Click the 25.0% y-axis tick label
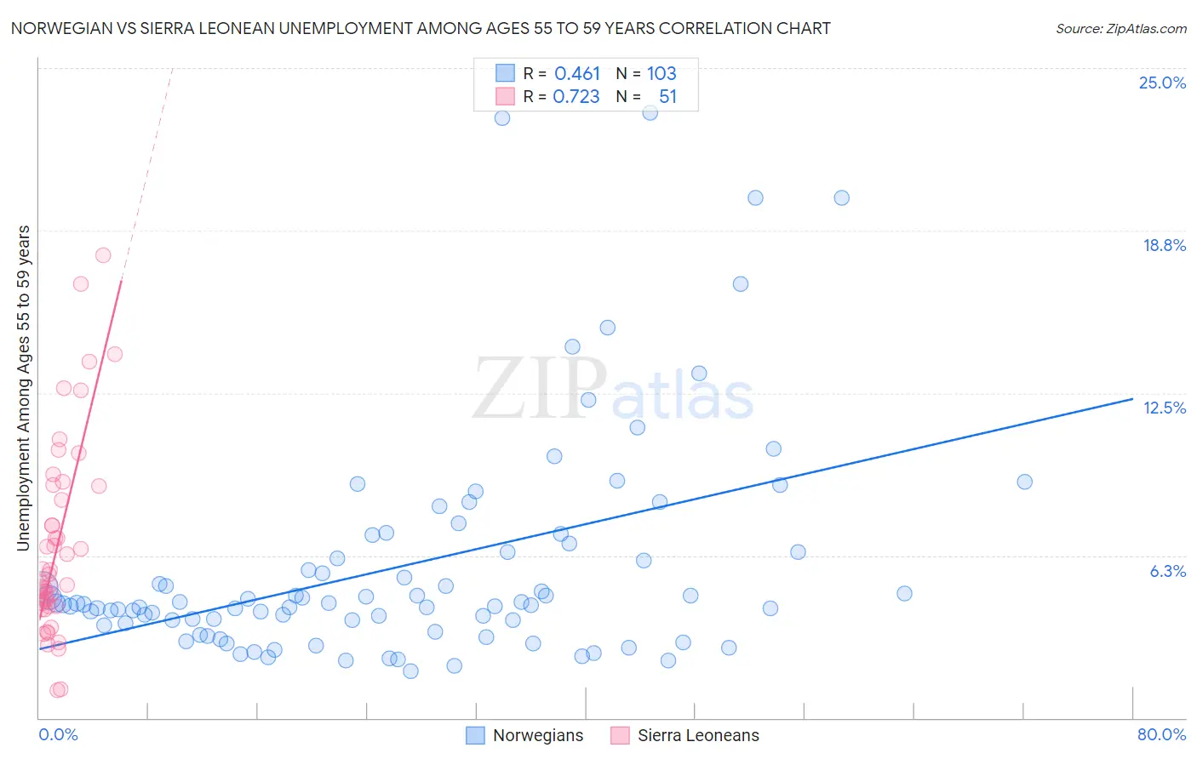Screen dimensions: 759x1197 click(x=1162, y=83)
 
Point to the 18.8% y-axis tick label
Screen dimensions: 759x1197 click(x=1164, y=245)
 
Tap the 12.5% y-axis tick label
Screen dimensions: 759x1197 click(x=1164, y=408)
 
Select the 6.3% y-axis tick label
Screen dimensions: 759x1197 click(x=1167, y=571)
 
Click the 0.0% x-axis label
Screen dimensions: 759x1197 click(x=58, y=734)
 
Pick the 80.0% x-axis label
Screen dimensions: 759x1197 click(x=1161, y=734)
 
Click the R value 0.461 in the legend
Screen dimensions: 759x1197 click(x=577, y=73)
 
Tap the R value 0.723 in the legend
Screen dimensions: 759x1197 click(x=576, y=96)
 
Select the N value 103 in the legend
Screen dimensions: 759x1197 click(x=661, y=73)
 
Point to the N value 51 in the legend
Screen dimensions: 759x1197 click(x=667, y=96)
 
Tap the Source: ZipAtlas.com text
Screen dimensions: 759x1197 click(x=1120, y=28)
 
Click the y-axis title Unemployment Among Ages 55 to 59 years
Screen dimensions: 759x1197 click(x=24, y=387)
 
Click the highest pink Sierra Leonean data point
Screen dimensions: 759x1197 click(x=103, y=255)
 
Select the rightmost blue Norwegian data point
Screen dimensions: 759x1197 click(x=1024, y=482)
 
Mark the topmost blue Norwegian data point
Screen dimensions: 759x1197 click(x=650, y=112)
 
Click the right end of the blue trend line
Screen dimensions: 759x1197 click(x=1132, y=398)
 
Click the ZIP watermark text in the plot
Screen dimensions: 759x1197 click(x=539, y=389)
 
